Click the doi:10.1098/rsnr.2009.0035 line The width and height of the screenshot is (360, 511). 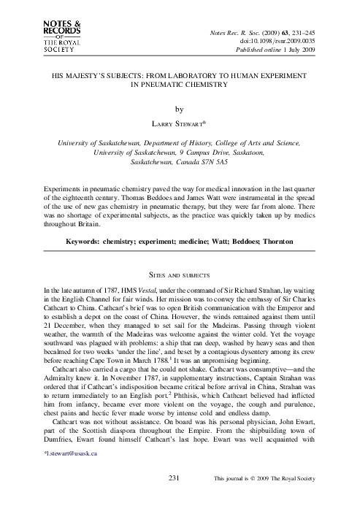tap(280, 42)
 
